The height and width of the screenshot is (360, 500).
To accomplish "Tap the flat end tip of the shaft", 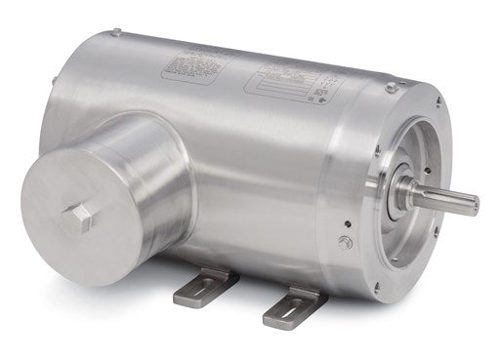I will coord(475,205).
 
